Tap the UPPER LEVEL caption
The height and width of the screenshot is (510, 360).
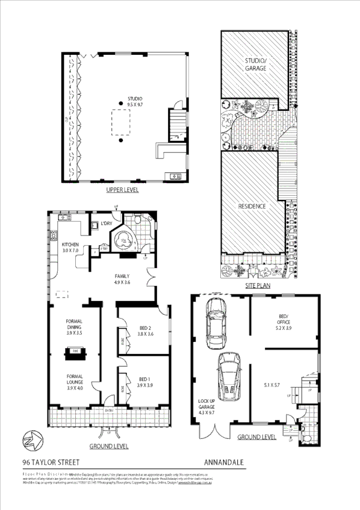coord(122,190)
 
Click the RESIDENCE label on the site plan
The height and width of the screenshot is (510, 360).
coord(252,206)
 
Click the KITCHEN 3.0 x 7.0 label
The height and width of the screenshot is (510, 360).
coord(70,247)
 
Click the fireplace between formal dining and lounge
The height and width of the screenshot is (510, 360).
coord(76,351)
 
